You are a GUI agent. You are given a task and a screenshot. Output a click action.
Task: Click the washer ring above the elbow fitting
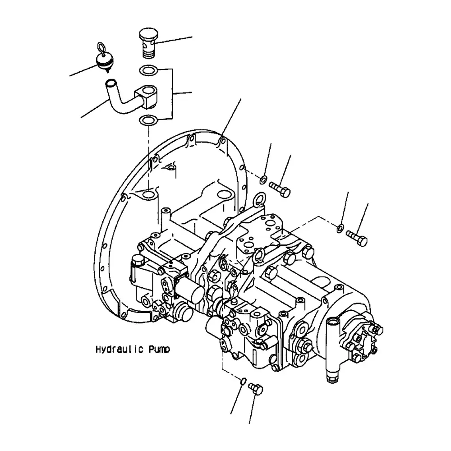(148, 70)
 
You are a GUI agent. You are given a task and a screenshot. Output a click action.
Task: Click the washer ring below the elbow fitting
(148, 120)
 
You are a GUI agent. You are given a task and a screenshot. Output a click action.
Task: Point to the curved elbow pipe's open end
(111, 83)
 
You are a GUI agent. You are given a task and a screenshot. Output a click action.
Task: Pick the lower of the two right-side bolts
(357, 238)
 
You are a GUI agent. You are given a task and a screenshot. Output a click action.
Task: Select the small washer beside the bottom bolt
(243, 382)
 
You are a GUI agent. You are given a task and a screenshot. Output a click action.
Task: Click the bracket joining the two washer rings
(173, 93)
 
